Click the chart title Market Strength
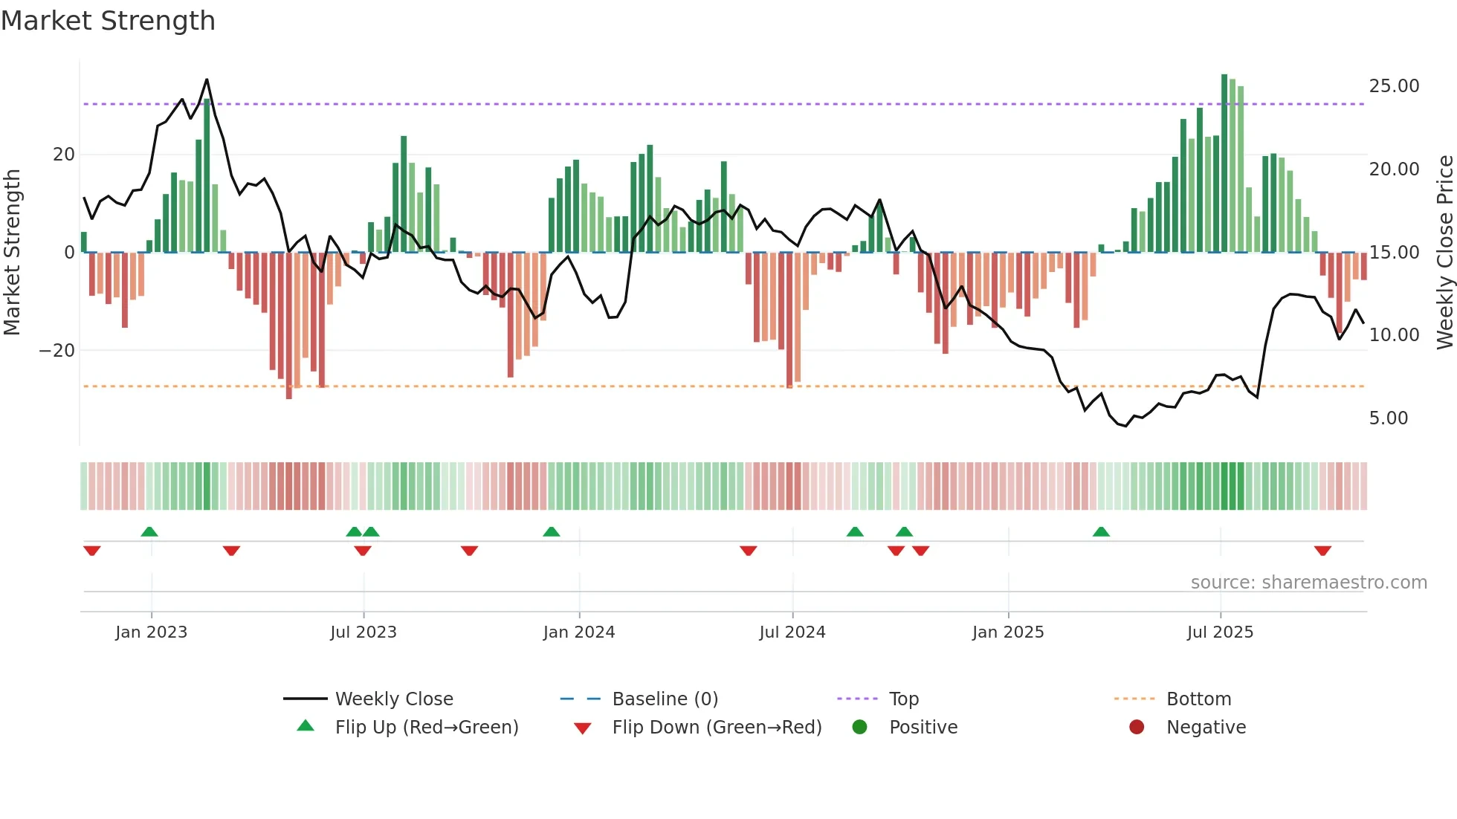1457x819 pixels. (x=108, y=21)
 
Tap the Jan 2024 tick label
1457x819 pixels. (x=579, y=632)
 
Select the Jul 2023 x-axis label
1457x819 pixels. (x=364, y=632)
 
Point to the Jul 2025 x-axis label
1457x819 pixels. (x=1220, y=632)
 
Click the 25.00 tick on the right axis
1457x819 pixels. (x=1394, y=86)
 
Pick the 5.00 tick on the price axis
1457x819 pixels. (x=1388, y=418)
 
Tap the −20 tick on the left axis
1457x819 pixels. (x=57, y=351)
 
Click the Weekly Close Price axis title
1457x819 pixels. (x=1444, y=253)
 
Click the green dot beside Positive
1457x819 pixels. (x=860, y=728)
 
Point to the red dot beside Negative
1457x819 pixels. (x=1137, y=728)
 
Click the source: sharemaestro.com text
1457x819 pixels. (x=1308, y=583)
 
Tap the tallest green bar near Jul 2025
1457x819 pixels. (x=1224, y=164)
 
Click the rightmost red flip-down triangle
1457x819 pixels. (x=1322, y=551)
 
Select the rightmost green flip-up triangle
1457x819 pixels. (x=1101, y=531)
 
